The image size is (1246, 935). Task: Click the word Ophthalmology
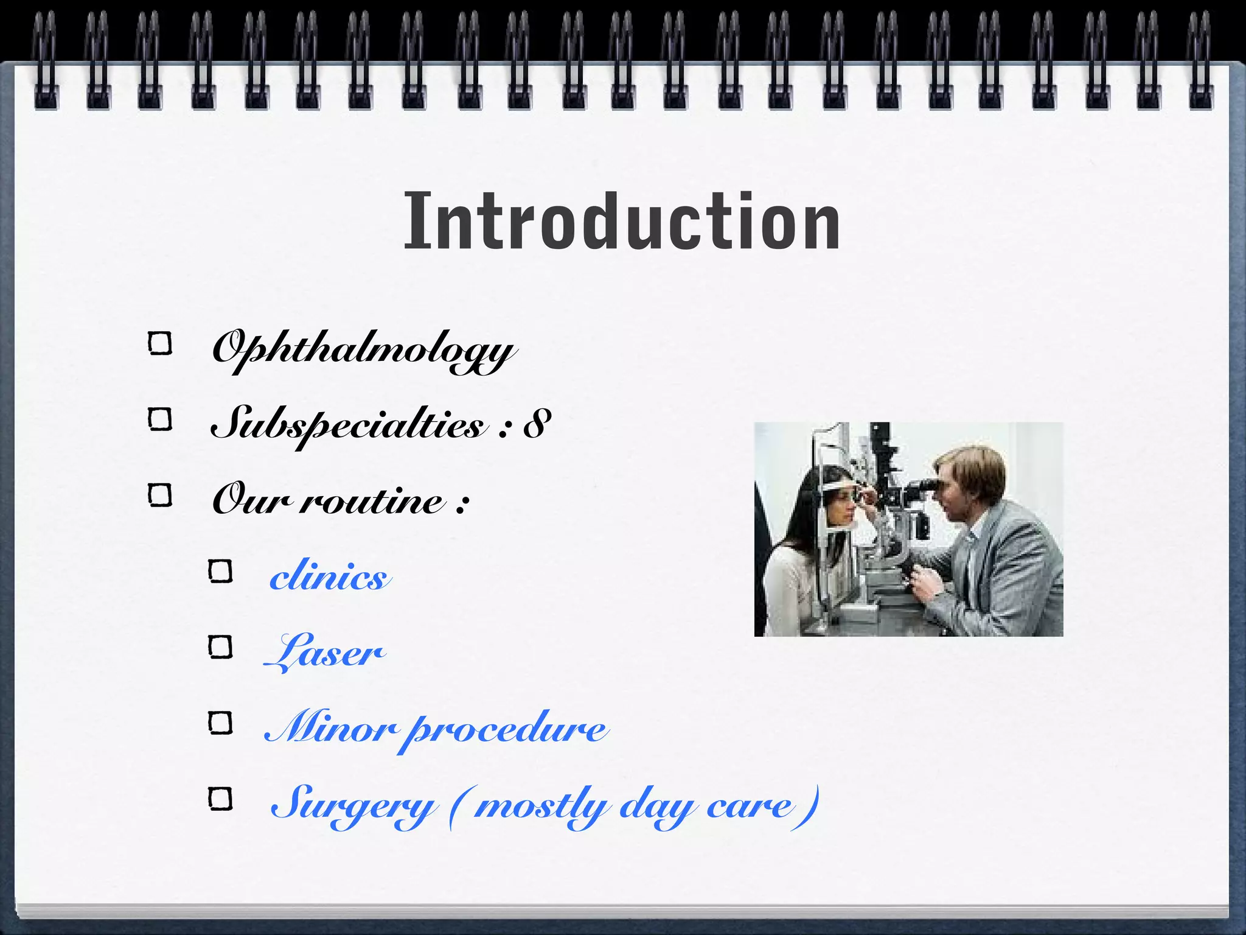(364, 349)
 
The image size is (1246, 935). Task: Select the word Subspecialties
(349, 424)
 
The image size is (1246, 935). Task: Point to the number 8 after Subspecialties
(537, 424)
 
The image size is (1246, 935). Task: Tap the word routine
(373, 500)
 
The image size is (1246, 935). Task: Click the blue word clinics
(329, 576)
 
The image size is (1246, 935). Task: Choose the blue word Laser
(325, 651)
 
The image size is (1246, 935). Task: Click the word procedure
(507, 729)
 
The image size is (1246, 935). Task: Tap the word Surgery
(353, 804)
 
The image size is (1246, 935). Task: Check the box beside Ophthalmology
(160, 344)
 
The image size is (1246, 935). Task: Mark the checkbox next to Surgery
(220, 799)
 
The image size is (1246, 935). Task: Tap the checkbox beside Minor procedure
(220, 723)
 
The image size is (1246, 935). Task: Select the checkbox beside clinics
(220, 572)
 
